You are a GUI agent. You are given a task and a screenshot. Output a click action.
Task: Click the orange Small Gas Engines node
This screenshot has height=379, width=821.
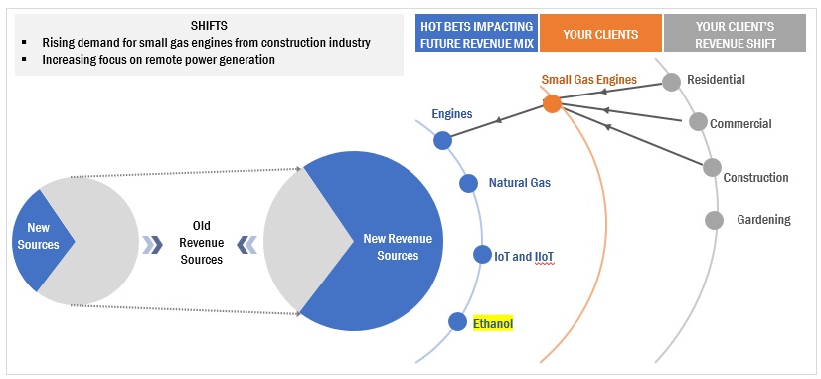click(x=552, y=103)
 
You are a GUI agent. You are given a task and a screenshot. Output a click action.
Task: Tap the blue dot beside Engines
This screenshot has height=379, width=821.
click(x=443, y=140)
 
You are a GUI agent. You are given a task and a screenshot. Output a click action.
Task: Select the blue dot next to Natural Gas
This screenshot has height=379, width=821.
click(x=468, y=183)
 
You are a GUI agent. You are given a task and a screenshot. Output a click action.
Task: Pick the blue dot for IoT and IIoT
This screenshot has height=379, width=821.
click(x=482, y=255)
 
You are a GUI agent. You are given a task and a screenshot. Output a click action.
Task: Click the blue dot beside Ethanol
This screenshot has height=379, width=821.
click(x=457, y=322)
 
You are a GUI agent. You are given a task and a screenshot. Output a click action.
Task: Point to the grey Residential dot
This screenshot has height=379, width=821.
click(x=671, y=82)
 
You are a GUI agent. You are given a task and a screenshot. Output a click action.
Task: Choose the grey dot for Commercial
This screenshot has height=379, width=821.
click(x=698, y=122)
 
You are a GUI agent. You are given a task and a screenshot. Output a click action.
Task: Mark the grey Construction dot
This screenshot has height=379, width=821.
click(x=712, y=168)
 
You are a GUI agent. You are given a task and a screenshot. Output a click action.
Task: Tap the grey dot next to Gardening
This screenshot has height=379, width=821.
click(x=714, y=220)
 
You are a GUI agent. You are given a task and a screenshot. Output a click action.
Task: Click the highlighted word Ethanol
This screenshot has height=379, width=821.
click(x=493, y=324)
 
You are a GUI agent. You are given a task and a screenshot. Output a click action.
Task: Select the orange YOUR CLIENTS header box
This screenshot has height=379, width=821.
click(x=600, y=35)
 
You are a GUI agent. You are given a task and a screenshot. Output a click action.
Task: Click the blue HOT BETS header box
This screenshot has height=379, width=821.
click(x=476, y=33)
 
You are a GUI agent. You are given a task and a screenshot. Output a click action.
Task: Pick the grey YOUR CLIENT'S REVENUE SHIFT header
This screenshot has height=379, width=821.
click(x=735, y=33)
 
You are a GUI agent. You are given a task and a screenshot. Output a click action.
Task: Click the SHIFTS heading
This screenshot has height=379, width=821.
click(x=210, y=26)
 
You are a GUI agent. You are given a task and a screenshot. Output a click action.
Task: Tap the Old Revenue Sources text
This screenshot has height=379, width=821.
click(x=202, y=242)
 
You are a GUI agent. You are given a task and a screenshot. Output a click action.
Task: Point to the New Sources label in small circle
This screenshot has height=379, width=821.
click(x=38, y=236)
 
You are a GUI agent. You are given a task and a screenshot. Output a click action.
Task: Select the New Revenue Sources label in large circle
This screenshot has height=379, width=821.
click(x=398, y=247)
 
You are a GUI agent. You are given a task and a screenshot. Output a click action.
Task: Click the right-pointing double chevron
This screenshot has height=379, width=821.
click(x=152, y=245)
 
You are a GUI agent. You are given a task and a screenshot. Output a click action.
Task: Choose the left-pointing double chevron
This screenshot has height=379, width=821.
click(x=246, y=245)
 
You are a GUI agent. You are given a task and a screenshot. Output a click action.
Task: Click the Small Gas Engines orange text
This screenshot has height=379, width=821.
click(x=589, y=80)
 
